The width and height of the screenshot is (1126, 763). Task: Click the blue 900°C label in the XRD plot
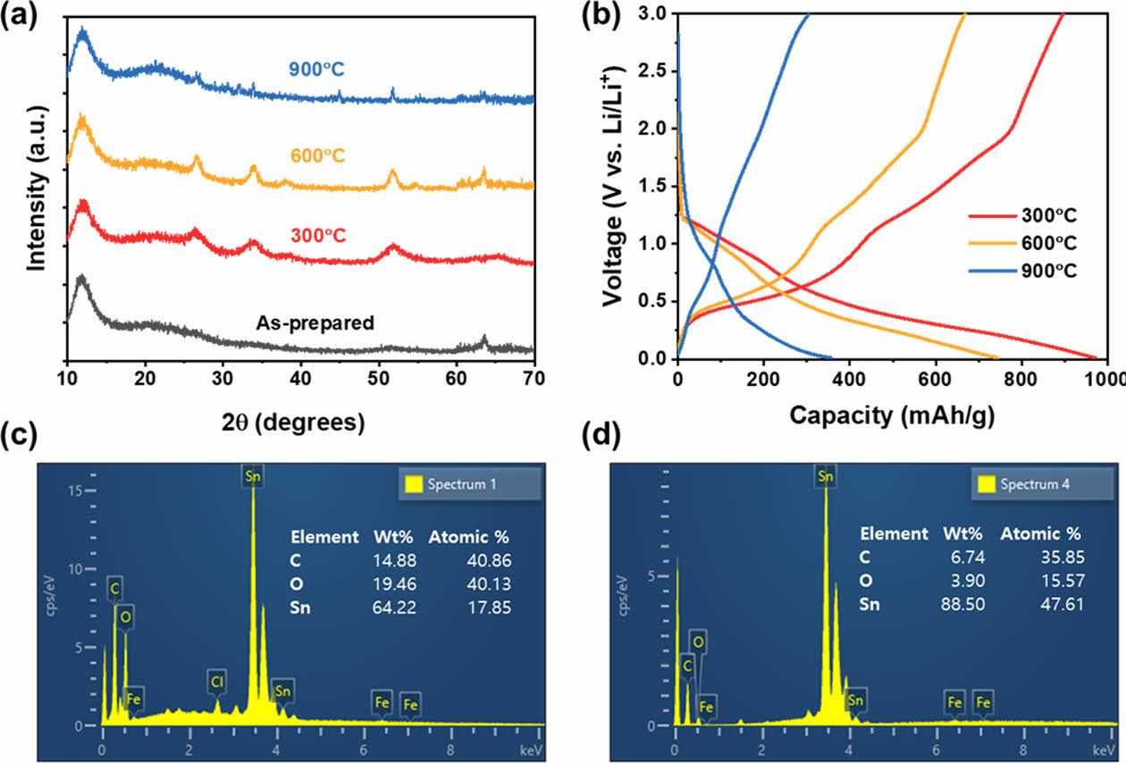[x=316, y=70]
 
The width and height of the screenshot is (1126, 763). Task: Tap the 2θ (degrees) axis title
[x=300, y=422]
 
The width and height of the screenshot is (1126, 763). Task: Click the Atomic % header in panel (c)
[x=469, y=537]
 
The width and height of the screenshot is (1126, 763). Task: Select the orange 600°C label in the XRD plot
[x=317, y=155]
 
